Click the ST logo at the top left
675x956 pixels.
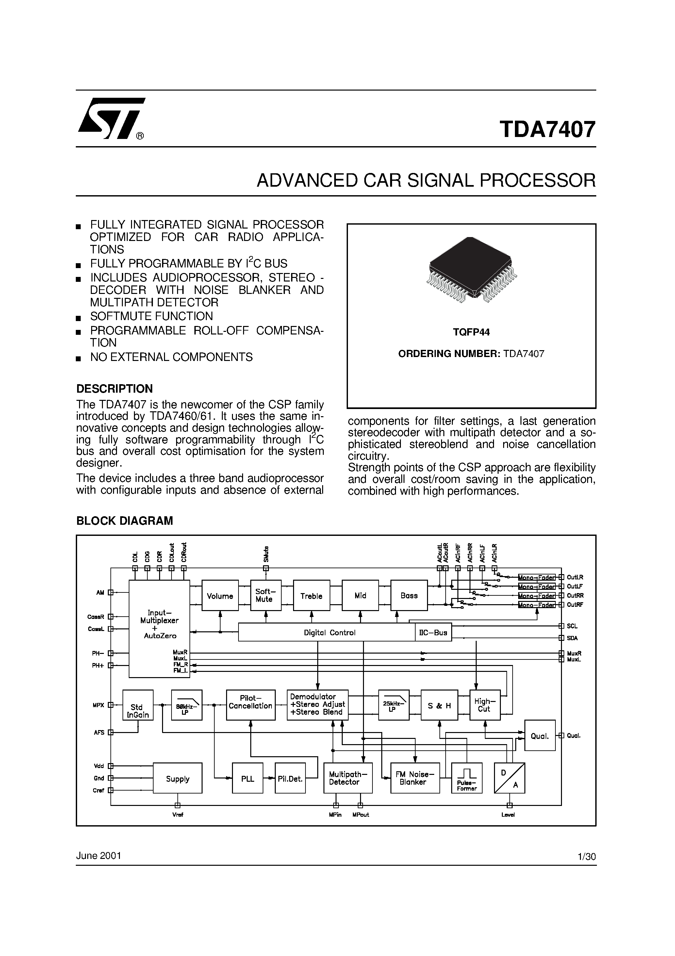coord(111,118)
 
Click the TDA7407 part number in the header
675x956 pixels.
coord(547,129)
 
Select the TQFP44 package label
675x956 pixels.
coord(471,332)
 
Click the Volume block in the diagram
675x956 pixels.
coord(220,596)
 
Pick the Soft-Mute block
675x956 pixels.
coord(266,595)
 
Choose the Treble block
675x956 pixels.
coord(311,596)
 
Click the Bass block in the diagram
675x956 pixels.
coord(409,595)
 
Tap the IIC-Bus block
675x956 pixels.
coord(433,632)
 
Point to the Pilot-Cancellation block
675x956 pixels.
coord(251,705)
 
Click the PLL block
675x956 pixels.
coord(248,778)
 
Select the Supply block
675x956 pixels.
coord(178,778)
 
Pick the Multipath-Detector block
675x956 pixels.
coord(348,778)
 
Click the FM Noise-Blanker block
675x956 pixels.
coord(415,778)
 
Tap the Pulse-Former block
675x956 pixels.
coord(467,778)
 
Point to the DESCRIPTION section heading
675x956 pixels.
coord(114,388)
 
